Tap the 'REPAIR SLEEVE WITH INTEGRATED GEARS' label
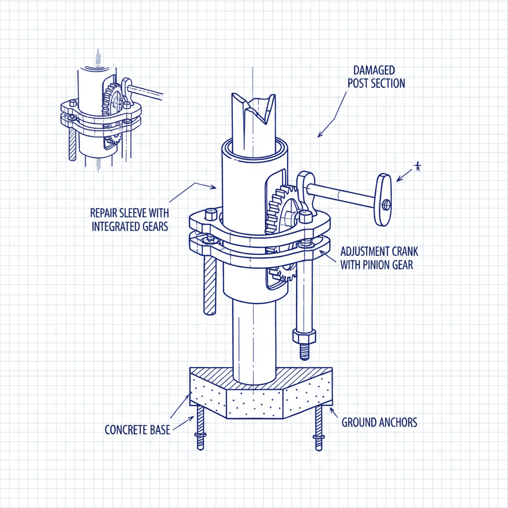[x=129, y=219]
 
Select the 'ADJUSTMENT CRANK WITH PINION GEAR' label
[x=377, y=257]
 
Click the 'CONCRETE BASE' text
[x=137, y=430]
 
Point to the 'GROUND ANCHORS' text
[x=380, y=423]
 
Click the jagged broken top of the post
[x=253, y=107]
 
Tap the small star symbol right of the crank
[x=418, y=167]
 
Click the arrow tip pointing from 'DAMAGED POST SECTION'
[x=318, y=135]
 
